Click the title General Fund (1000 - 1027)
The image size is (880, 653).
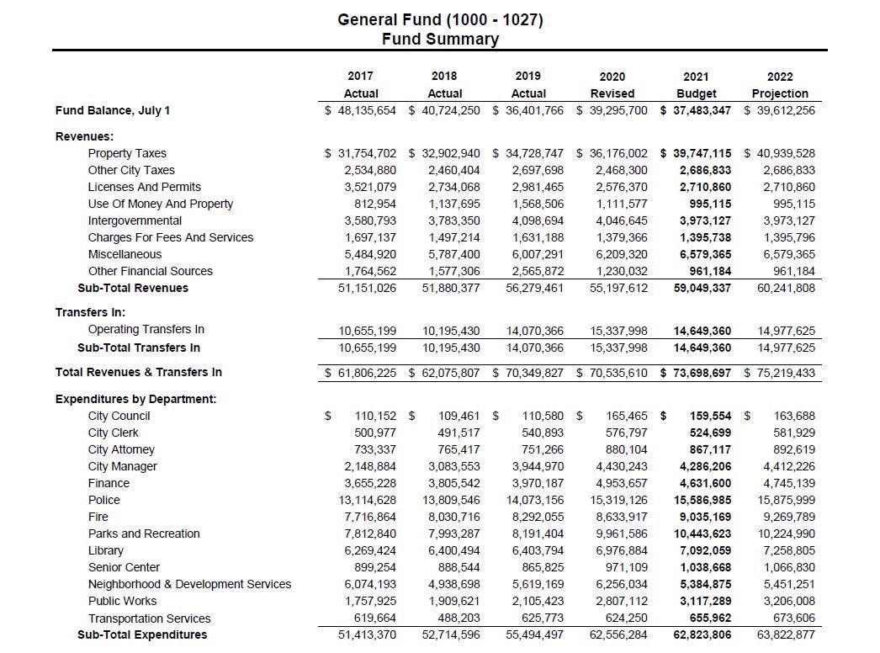click(440, 19)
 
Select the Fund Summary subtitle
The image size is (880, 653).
click(440, 40)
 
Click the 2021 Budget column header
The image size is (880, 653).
click(697, 85)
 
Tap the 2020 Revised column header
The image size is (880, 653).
click(612, 85)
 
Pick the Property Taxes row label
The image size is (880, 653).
click(127, 153)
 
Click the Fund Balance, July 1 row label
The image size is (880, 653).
click(113, 110)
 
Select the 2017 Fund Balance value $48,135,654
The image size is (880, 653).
click(361, 110)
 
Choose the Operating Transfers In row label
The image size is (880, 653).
click(146, 329)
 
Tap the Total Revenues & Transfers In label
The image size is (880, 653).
click(139, 372)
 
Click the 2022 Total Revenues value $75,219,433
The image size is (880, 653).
click(780, 373)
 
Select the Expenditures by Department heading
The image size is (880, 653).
click(135, 399)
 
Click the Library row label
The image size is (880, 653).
click(106, 550)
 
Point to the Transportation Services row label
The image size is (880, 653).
click(150, 618)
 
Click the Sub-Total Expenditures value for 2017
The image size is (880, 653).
click(368, 634)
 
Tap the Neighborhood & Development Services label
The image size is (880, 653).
click(189, 584)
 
